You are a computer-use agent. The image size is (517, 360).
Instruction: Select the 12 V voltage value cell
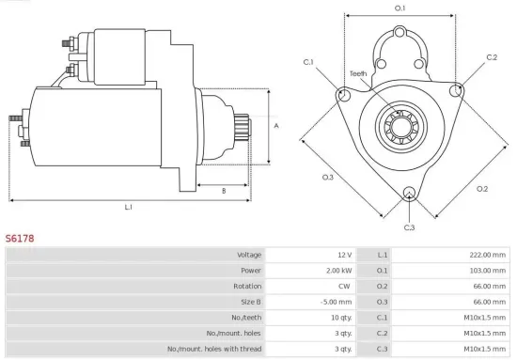pyautogui.click(x=343, y=255)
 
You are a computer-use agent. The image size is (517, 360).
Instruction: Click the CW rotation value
pyautogui.click(x=345, y=286)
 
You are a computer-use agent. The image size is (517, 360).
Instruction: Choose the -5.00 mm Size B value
pyautogui.click(x=337, y=301)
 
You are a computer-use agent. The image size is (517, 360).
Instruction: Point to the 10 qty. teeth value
pyautogui.click(x=339, y=317)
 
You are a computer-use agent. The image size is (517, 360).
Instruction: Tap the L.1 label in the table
pyautogui.click(x=383, y=255)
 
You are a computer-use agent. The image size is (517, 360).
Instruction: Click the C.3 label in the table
pyautogui.click(x=383, y=348)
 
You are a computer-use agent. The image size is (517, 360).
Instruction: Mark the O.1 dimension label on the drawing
pyautogui.click(x=399, y=8)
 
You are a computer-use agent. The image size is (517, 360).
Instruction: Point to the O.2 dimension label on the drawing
pyautogui.click(x=482, y=188)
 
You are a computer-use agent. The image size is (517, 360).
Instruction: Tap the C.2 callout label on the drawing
pyautogui.click(x=492, y=57)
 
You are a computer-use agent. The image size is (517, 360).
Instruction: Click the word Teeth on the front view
pyautogui.click(x=358, y=73)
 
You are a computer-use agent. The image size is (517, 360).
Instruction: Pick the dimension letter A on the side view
pyautogui.click(x=275, y=125)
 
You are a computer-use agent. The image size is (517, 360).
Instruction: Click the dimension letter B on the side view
pyautogui.click(x=223, y=191)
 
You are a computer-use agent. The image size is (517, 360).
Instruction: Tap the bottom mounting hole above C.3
pyautogui.click(x=408, y=195)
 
